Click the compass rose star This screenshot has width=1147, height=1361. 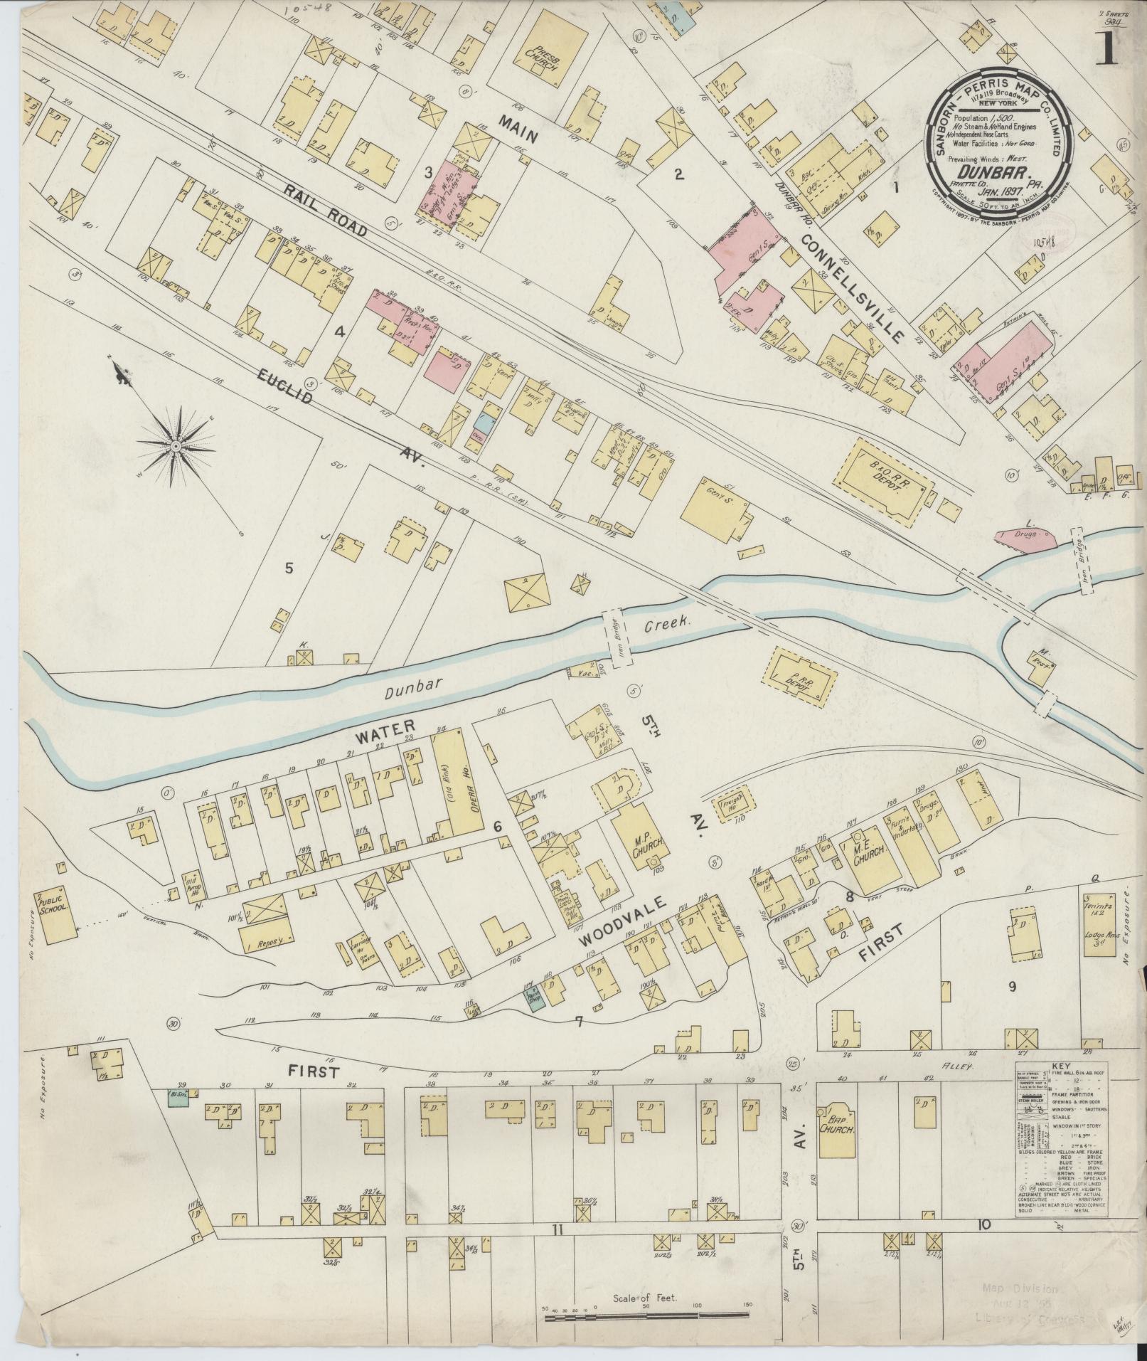coord(174,445)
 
